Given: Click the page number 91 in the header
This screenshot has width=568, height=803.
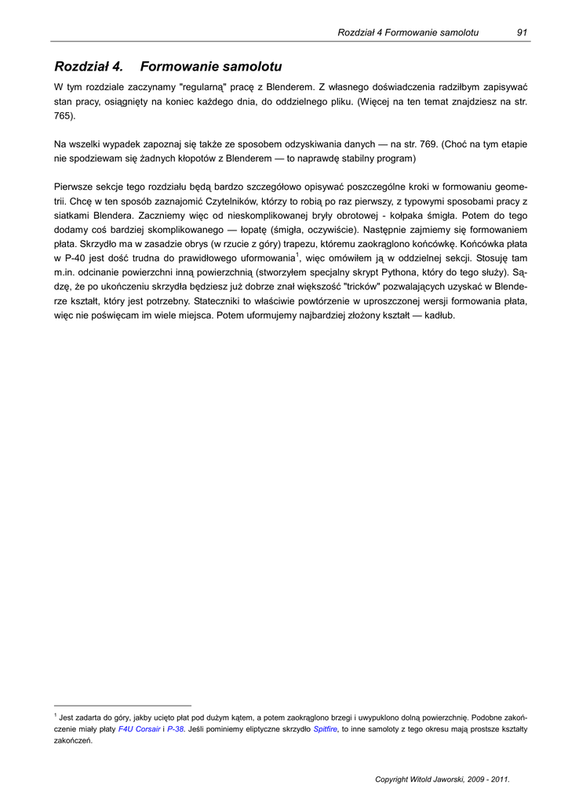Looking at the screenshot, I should (522, 32).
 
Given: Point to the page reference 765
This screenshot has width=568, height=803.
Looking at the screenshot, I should (64, 116).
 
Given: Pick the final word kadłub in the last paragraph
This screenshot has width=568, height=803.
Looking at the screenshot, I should (439, 315).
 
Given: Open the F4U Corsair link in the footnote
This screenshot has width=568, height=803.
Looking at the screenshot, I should (139, 729).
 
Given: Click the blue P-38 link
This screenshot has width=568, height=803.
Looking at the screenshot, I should (175, 729).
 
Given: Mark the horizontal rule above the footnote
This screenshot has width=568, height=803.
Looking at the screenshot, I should (122, 705).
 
